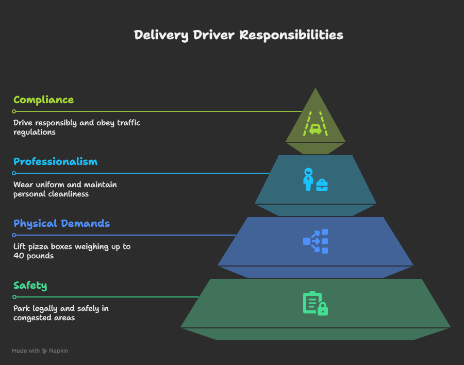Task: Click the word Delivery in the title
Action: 161,35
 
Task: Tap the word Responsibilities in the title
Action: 291,35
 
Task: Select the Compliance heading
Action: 43,100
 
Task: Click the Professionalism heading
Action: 55,162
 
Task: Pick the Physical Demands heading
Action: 61,224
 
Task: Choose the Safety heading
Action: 30,286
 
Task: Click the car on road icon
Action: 316,124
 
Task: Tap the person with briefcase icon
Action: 316,180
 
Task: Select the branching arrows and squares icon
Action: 316,241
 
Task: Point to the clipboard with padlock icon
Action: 316,303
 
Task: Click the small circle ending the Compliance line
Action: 14,111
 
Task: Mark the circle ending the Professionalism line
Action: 14,173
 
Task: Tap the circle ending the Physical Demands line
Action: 14,235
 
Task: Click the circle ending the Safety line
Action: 14,297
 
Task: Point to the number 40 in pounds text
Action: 19,256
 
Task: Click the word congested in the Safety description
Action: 27,318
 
